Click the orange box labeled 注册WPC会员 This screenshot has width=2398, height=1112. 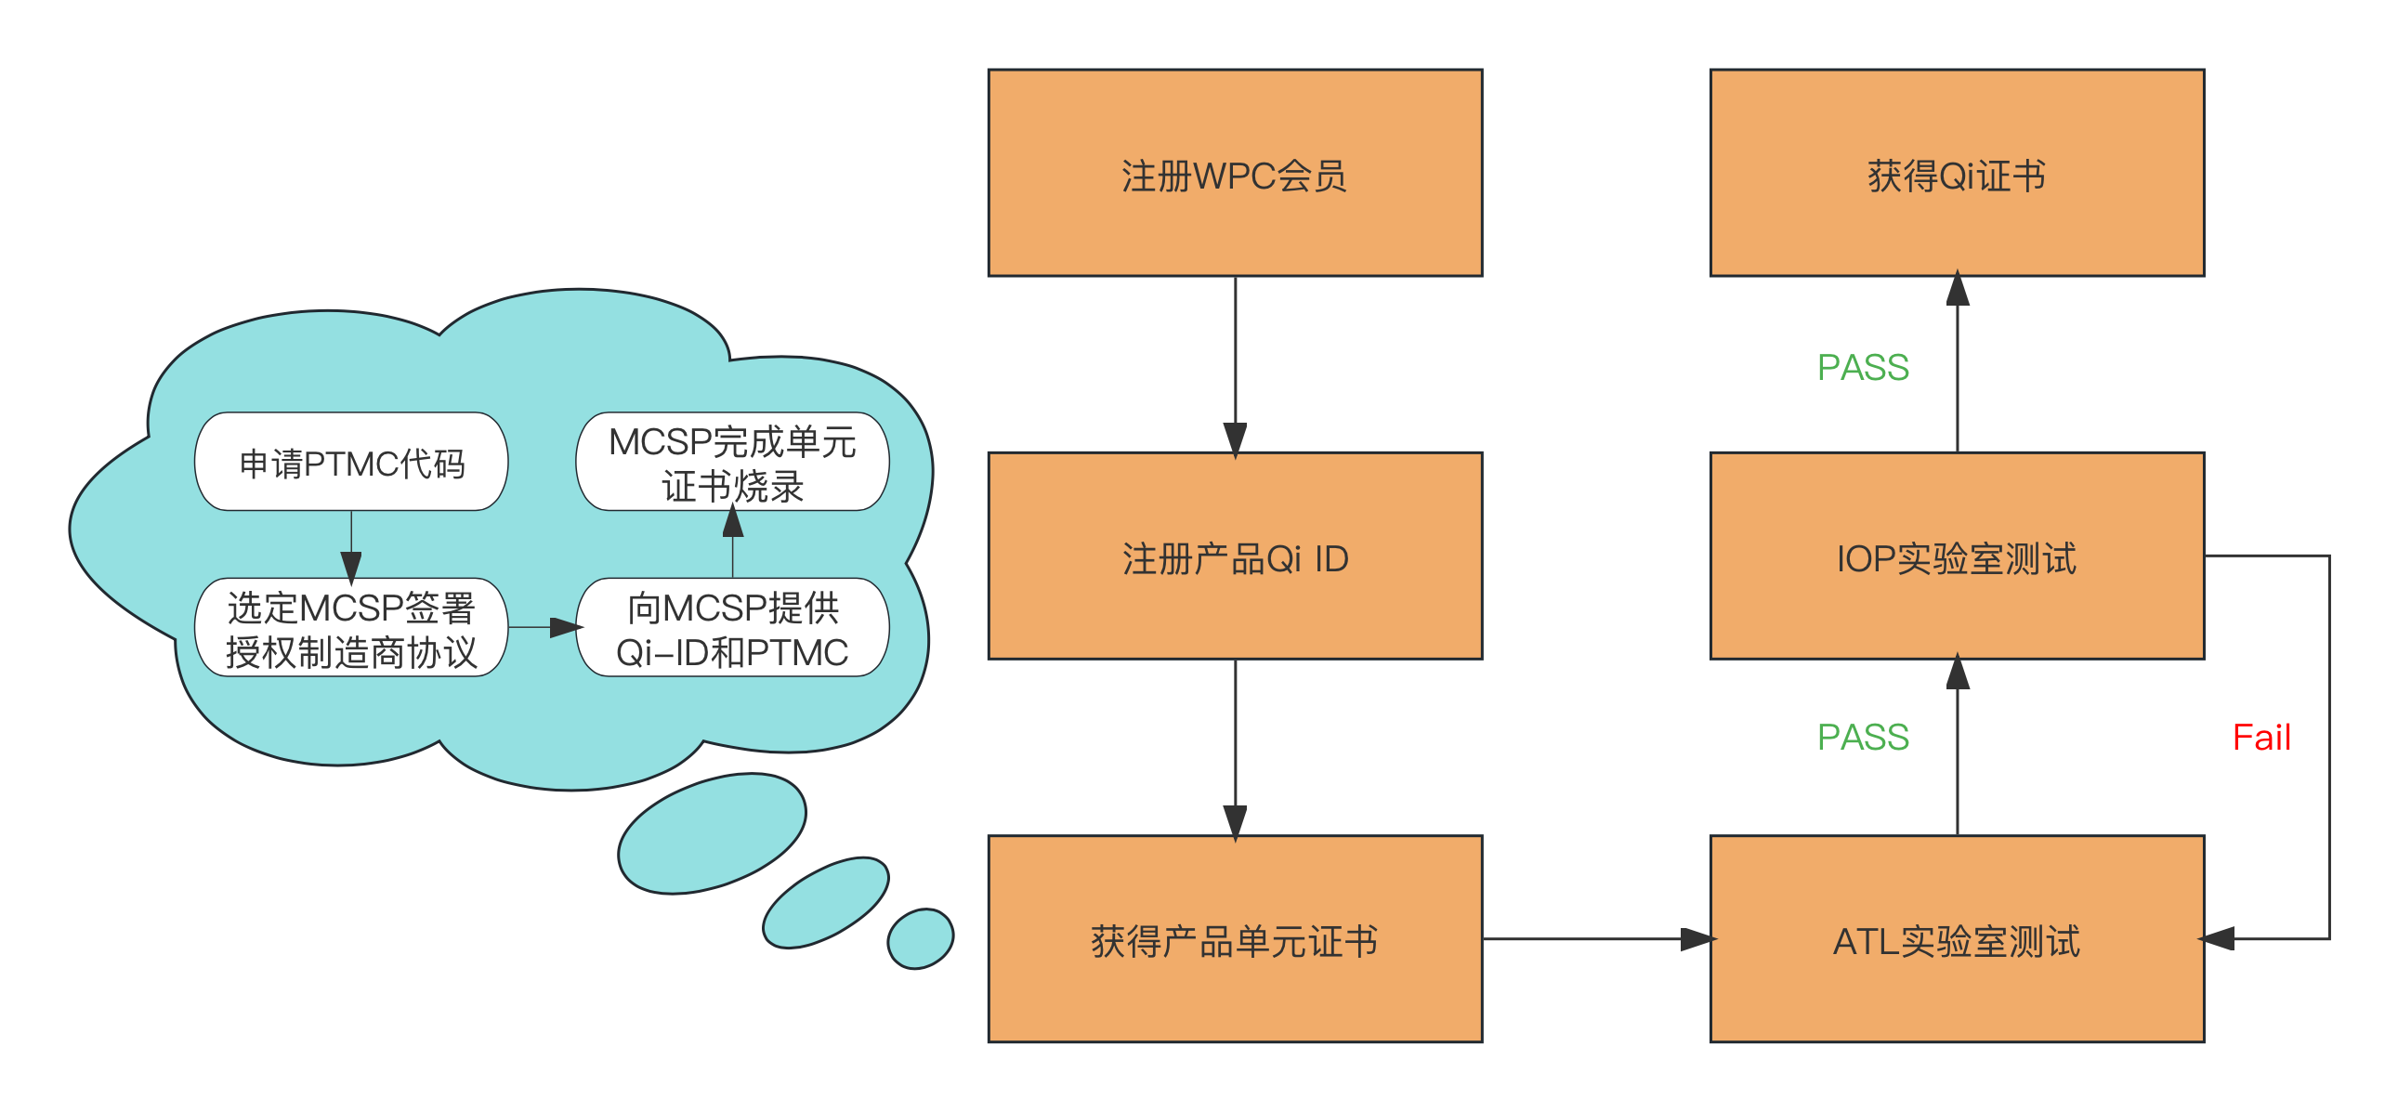coord(1235,173)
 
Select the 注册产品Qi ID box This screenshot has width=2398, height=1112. coord(1235,556)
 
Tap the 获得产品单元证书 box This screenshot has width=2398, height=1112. coord(1235,939)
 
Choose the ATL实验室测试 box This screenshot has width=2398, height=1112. coord(1957,939)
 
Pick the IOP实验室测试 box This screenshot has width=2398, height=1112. coord(1957,556)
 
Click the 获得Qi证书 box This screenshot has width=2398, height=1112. coord(1957,173)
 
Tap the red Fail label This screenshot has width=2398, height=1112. coord(2261,735)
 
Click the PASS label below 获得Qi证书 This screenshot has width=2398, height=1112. coord(1862,365)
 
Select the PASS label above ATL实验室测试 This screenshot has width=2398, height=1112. coord(1862,734)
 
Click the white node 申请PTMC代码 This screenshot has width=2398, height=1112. coord(351,462)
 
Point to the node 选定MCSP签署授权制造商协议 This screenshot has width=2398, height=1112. coord(351,628)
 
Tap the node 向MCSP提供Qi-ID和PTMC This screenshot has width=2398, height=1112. coord(733,628)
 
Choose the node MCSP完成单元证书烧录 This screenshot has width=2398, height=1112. coord(733,462)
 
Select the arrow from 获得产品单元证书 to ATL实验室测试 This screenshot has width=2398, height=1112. coord(1596,940)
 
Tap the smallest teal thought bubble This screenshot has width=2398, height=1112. coord(921,938)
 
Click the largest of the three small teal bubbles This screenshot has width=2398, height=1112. coord(712,833)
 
